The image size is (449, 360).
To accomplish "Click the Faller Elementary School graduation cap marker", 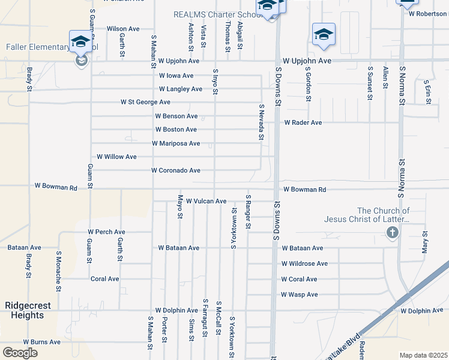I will click(79, 41).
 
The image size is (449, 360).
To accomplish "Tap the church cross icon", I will click(393, 232).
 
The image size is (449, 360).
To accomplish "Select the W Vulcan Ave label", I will click(206, 201).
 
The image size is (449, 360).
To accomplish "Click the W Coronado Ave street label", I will click(176, 170).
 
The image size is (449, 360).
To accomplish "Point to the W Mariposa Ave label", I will click(176, 143).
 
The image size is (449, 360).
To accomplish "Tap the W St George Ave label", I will click(145, 102).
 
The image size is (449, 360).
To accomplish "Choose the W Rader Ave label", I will click(303, 122).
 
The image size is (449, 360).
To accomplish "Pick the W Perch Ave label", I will click(106, 232).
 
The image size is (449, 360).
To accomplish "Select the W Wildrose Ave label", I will click(305, 263).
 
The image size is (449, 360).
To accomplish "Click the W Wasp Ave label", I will click(299, 295).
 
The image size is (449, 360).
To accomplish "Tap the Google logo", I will click(20, 352).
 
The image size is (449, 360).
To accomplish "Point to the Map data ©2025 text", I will click(423, 355).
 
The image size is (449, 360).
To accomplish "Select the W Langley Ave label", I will click(181, 89).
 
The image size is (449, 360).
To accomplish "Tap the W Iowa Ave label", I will click(176, 76).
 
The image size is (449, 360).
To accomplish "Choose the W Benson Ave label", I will click(176, 116).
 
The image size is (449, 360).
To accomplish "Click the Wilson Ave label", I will click(123, 28).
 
